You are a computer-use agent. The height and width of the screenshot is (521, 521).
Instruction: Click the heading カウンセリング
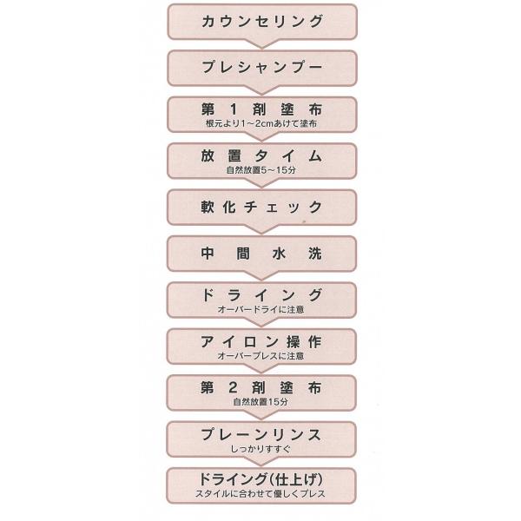[262, 21]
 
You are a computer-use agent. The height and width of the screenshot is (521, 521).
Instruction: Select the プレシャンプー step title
[262, 67]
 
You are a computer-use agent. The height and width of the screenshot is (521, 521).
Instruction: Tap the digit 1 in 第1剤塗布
[234, 109]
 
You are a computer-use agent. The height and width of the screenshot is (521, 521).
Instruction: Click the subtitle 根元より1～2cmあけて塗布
[261, 123]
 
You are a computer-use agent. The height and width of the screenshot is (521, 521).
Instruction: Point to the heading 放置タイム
[261, 155]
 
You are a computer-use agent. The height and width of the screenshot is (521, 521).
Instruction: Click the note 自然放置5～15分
[261, 170]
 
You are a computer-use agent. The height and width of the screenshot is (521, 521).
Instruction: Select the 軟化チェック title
[261, 208]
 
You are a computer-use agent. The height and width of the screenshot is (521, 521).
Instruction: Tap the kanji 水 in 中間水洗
[279, 254]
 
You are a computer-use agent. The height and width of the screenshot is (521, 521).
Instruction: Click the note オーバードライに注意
[261, 309]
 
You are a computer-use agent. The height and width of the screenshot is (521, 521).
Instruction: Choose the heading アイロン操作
[261, 341]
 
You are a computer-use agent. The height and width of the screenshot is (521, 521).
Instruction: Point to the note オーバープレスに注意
[261, 356]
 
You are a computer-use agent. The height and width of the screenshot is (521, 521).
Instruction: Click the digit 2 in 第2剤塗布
[233, 388]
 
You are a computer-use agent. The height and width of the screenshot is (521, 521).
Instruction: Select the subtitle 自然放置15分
[260, 402]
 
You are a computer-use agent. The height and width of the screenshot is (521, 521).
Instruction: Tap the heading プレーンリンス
[261, 435]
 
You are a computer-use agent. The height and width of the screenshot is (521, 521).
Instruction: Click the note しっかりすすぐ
[260, 449]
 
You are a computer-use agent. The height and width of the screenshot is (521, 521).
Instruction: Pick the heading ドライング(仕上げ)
[261, 479]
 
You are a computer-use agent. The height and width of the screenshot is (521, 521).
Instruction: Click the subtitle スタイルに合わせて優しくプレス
[260, 494]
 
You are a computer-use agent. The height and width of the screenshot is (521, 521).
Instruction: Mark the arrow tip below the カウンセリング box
[262, 49]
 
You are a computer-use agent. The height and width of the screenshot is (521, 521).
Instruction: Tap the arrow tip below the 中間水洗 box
[261, 280]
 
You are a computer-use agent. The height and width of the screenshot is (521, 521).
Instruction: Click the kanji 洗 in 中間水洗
[315, 254]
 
